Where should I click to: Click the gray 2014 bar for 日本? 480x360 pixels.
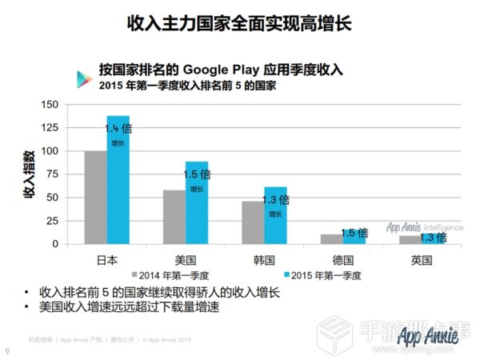[95, 197]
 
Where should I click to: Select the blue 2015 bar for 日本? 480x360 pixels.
[118, 180]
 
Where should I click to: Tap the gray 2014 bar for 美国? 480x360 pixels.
[174, 216]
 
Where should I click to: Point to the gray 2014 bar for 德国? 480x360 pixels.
[331, 238]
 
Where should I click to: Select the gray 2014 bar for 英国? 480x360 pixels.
[410, 239]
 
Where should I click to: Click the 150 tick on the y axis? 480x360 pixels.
[50, 105]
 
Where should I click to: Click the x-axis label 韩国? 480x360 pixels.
[264, 259]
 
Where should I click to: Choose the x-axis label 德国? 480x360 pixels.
[342, 259]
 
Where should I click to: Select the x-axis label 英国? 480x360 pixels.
[421, 259]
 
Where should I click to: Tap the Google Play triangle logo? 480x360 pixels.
[82, 78]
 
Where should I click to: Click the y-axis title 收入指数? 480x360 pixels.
[30, 174]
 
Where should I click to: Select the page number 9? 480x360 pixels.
[7, 350]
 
